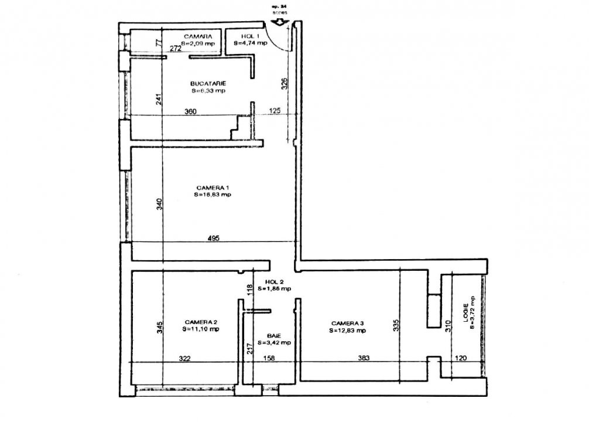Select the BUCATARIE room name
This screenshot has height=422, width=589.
[x=208, y=83]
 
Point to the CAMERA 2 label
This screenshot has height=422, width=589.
[x=201, y=322]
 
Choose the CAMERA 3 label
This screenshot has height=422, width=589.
[x=347, y=323]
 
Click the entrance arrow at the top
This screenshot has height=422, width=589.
[x=279, y=22]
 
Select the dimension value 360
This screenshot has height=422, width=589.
[x=190, y=111]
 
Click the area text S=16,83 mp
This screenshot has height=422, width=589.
[x=213, y=195]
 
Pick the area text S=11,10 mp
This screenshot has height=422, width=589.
[x=201, y=329]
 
